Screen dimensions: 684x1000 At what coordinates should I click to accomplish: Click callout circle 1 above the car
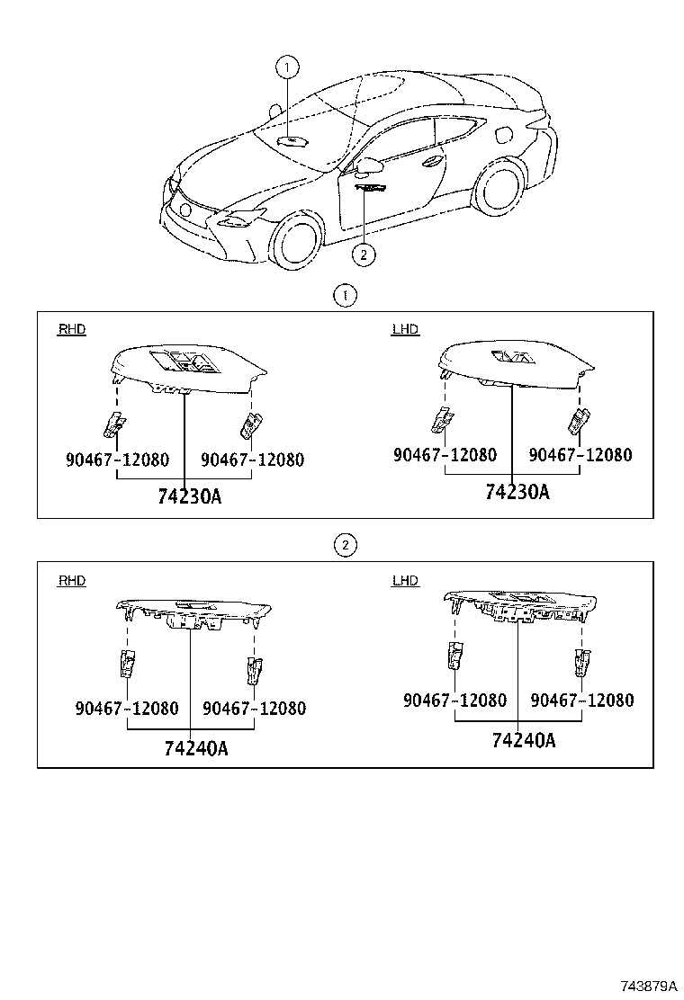pos(287,67)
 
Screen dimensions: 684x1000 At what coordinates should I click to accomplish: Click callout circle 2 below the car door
pos(364,254)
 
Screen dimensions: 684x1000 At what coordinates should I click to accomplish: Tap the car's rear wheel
pos(500,187)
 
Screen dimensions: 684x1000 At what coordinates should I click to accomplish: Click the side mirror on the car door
pos(368,165)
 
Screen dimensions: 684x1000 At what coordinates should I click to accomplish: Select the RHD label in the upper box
pos(71,329)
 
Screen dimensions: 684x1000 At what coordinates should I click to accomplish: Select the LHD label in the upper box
pos(405,329)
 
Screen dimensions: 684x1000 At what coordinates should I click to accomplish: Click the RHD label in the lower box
pos(71,580)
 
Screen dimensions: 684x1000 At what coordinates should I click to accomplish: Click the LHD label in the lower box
pos(405,580)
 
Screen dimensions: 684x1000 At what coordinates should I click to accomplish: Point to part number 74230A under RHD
pos(190,496)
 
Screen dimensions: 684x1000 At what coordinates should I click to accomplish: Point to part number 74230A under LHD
pos(517,492)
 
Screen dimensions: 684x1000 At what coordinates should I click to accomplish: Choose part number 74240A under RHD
pos(196,748)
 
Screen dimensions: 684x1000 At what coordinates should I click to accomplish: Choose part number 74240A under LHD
pos(524,740)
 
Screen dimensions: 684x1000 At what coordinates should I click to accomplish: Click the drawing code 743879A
pos(648,986)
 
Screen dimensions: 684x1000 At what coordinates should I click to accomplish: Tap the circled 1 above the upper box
pos(346,296)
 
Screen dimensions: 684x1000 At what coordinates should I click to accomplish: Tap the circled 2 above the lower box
pos(346,545)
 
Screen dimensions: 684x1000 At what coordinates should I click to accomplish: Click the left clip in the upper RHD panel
pos(115,424)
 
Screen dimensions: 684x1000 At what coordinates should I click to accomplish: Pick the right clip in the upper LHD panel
pos(580,420)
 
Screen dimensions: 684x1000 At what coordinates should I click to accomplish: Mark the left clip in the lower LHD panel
pos(455,656)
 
